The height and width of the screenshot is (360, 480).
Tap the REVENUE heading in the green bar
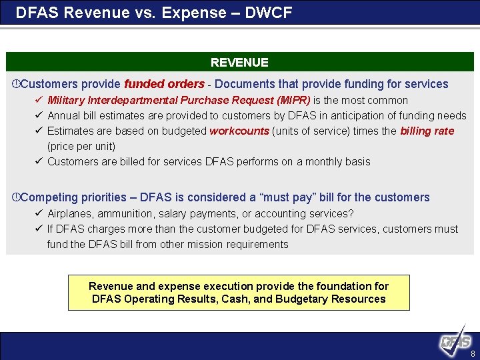pos(239,63)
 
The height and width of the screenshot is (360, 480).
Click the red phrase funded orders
pos(164,84)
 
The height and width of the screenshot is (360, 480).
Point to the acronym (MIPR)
pos(293,101)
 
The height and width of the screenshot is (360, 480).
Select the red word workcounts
pos(239,131)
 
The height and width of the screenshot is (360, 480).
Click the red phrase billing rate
pos(427,131)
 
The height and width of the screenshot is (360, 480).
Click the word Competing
pos(50,197)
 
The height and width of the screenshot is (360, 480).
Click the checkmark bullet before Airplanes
pos(39,213)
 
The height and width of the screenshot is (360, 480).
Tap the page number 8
pos(473,354)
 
